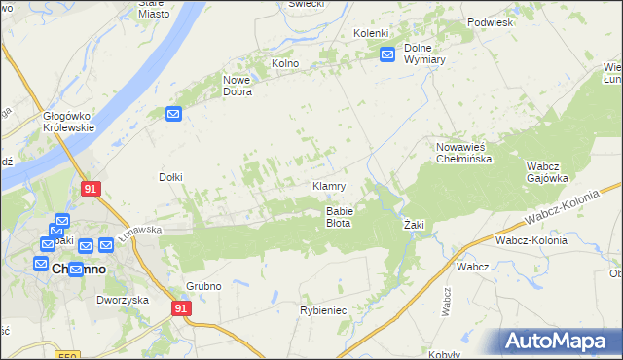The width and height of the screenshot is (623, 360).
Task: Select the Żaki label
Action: tap(415, 225)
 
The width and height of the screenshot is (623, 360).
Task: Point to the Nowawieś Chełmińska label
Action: tap(460, 152)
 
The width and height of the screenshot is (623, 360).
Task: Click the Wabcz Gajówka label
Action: tap(547, 171)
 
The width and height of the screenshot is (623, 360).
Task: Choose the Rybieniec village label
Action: tap(322, 310)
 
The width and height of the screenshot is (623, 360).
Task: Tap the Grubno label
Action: tap(204, 286)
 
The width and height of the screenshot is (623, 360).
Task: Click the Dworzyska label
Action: tap(122, 300)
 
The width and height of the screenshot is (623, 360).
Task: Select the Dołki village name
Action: tap(171, 177)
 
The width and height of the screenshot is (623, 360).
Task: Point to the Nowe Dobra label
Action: tap(238, 86)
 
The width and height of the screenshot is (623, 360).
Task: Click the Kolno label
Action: tap(285, 64)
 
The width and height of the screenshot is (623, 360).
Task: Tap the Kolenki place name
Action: tap(371, 34)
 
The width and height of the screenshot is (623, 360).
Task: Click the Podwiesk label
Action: tap(490, 21)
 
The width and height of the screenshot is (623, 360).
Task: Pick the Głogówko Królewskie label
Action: tap(68, 122)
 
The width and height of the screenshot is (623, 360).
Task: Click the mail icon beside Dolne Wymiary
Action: tap(386, 54)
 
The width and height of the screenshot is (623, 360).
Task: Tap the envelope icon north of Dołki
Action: tap(173, 114)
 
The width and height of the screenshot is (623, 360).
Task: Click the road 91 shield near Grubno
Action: tap(181, 307)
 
